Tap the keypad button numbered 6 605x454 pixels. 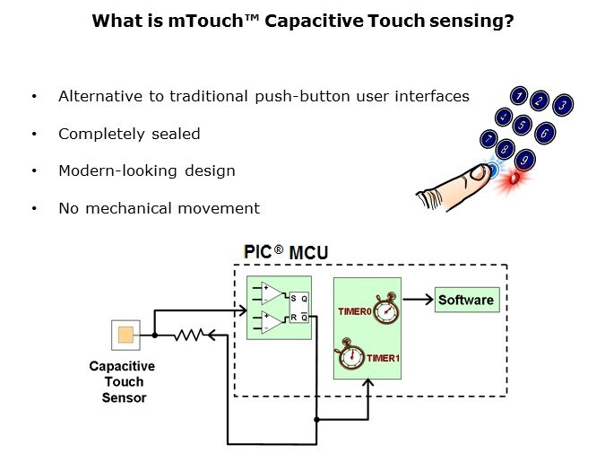coord(544,133)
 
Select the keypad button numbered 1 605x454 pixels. coord(518,95)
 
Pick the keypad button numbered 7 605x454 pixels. coord(488,139)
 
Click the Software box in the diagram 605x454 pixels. coord(465,300)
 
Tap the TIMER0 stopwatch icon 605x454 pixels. coord(386,310)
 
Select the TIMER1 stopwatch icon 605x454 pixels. coord(351,354)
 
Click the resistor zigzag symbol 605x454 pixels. coord(190,335)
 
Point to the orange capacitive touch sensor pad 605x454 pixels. coord(125,336)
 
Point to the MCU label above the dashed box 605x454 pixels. coord(307,255)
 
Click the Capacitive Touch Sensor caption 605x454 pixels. coord(123,381)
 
